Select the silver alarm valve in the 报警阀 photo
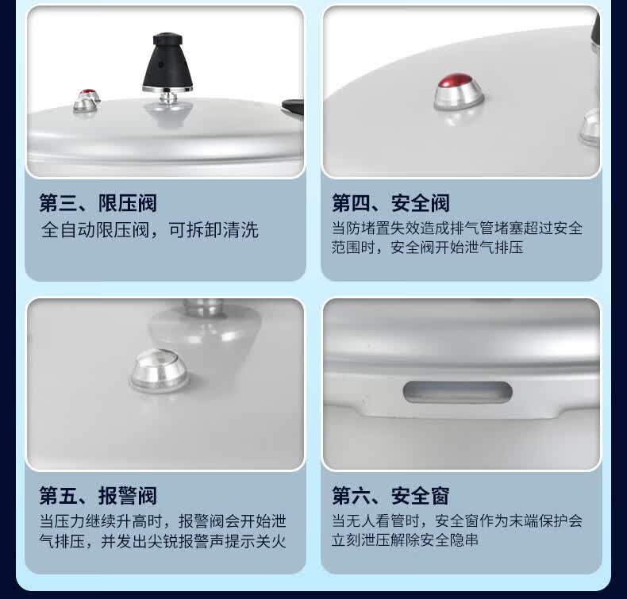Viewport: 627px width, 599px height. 160,370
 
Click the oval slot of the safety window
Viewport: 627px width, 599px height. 457,392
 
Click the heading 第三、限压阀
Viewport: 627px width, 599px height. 98,203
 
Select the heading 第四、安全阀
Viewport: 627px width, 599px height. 390,203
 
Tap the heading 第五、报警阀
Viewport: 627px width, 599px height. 98,496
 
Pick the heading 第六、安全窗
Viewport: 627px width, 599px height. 390,496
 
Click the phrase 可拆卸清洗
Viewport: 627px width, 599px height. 213,230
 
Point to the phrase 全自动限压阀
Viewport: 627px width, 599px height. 95,230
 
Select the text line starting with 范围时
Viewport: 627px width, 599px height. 427,248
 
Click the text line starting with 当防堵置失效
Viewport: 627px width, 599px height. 457,228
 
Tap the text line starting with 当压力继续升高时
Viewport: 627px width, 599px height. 163,521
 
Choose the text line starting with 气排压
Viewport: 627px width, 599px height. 163,541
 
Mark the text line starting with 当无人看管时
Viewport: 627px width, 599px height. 457,520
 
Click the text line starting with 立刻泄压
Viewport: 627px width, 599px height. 405,540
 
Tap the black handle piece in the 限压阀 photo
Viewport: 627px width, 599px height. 293,108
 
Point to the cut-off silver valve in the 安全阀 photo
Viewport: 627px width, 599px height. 590,126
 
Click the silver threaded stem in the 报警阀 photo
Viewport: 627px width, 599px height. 202,308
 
